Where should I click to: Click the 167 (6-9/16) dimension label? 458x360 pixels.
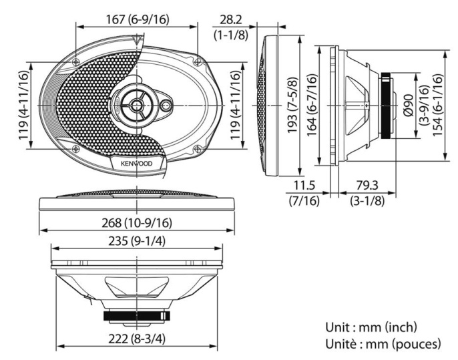tap(138, 19)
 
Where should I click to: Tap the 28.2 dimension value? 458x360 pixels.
tap(228, 19)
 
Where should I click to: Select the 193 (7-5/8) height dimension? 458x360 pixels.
tap(292, 106)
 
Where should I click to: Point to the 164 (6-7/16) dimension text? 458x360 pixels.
tap(312, 106)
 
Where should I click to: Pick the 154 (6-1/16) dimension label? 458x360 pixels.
tap(437, 106)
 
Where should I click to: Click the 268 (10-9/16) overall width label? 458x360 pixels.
tap(138, 222)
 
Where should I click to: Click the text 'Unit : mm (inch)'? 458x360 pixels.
tap(371, 327)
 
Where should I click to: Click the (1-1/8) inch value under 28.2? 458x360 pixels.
tap(228, 33)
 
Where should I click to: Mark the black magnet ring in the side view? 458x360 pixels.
tap(387, 106)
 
